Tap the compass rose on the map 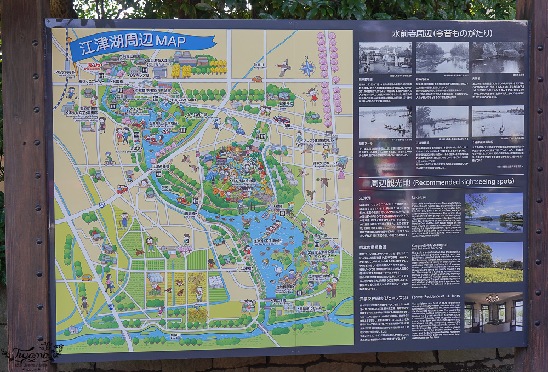click(x=308, y=68)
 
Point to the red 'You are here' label click(x=92, y=66)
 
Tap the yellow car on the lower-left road click(x=87, y=277)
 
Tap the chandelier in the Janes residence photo click(x=492, y=299)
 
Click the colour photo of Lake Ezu click(x=493, y=214)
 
